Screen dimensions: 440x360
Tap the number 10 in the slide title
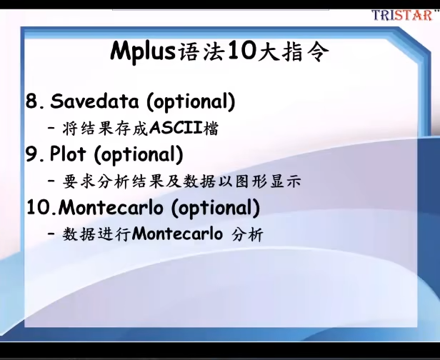pos(241,51)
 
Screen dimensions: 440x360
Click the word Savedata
pos(94,101)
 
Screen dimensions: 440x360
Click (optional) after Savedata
pos(191,101)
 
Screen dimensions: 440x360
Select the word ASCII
pos(176,129)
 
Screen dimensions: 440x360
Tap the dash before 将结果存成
pos(51,129)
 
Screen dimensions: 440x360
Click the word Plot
pos(67,154)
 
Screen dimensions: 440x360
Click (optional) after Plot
pos(139,154)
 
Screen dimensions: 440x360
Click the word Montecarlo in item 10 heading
pos(111,207)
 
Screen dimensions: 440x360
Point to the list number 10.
pos(41,208)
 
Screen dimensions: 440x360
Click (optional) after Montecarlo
pos(215,208)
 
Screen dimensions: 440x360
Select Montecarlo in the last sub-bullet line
pos(177,234)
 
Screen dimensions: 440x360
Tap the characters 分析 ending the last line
pos(247,234)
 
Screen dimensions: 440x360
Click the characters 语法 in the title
pos(201,52)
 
